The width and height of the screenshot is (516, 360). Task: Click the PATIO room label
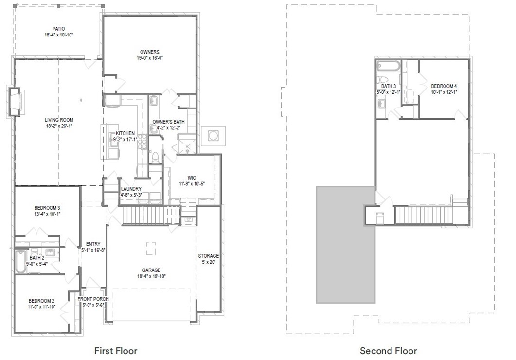pyautogui.click(x=58, y=29)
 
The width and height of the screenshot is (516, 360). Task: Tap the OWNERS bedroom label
pyautogui.click(x=149, y=52)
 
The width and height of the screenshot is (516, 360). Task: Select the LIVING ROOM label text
pyautogui.click(x=59, y=120)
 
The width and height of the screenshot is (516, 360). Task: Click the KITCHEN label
pyautogui.click(x=125, y=133)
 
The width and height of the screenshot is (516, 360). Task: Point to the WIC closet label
pyautogui.click(x=192, y=178)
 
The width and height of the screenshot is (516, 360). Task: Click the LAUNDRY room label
pyautogui.click(x=131, y=189)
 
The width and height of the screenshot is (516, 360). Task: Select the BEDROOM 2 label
pyautogui.click(x=41, y=300)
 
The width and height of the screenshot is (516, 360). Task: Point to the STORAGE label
pyautogui.click(x=208, y=256)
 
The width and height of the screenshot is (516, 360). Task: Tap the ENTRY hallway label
pyautogui.click(x=93, y=244)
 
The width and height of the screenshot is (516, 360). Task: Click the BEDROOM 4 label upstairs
pyautogui.click(x=444, y=86)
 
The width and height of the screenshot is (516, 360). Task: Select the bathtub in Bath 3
pyautogui.click(x=388, y=66)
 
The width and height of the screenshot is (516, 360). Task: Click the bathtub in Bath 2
pyautogui.click(x=20, y=262)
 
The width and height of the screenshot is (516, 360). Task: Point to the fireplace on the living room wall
pyautogui.click(x=15, y=101)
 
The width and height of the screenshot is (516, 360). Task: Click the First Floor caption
pyautogui.click(x=115, y=350)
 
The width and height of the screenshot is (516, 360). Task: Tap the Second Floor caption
pyautogui.click(x=388, y=350)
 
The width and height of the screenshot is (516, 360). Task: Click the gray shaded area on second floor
pyautogui.click(x=345, y=248)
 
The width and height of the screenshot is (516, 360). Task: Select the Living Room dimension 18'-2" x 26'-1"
pyautogui.click(x=59, y=126)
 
